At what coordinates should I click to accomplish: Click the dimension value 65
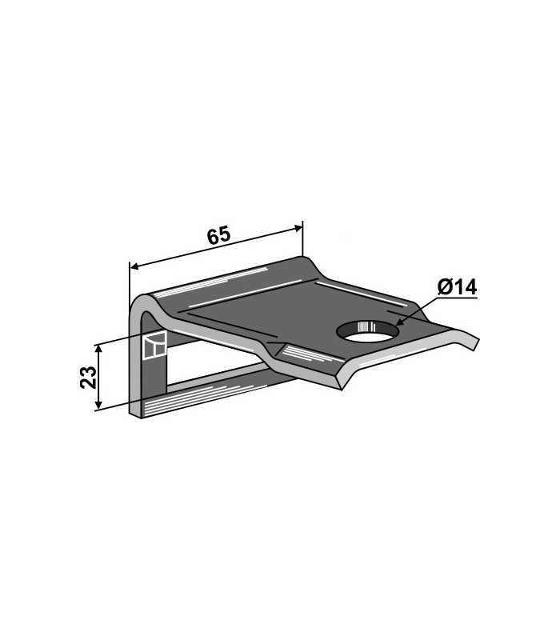click(218, 236)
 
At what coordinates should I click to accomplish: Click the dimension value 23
click(89, 377)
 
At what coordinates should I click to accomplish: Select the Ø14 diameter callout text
click(457, 287)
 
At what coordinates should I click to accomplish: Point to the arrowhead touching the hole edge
click(399, 322)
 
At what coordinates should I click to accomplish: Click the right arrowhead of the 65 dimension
click(297, 228)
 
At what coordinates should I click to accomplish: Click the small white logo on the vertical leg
click(154, 345)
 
